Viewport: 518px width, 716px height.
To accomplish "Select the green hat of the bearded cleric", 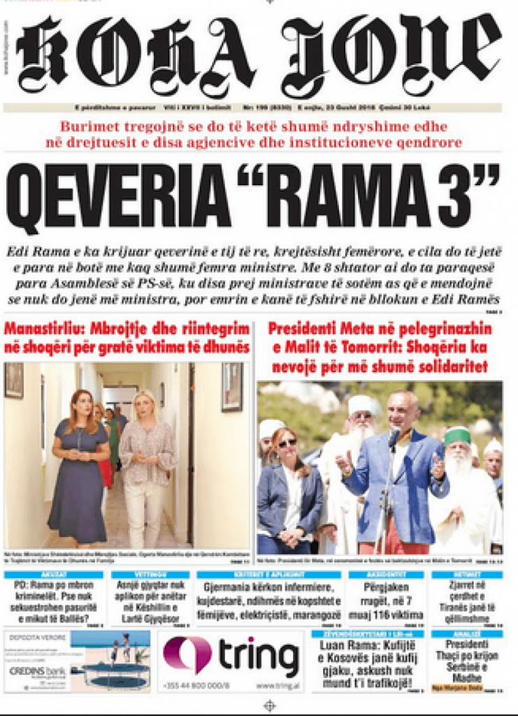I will (x=457, y=436).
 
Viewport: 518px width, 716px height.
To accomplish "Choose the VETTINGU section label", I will (x=150, y=575).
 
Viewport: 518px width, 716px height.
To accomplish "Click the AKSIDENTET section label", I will (x=387, y=575).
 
